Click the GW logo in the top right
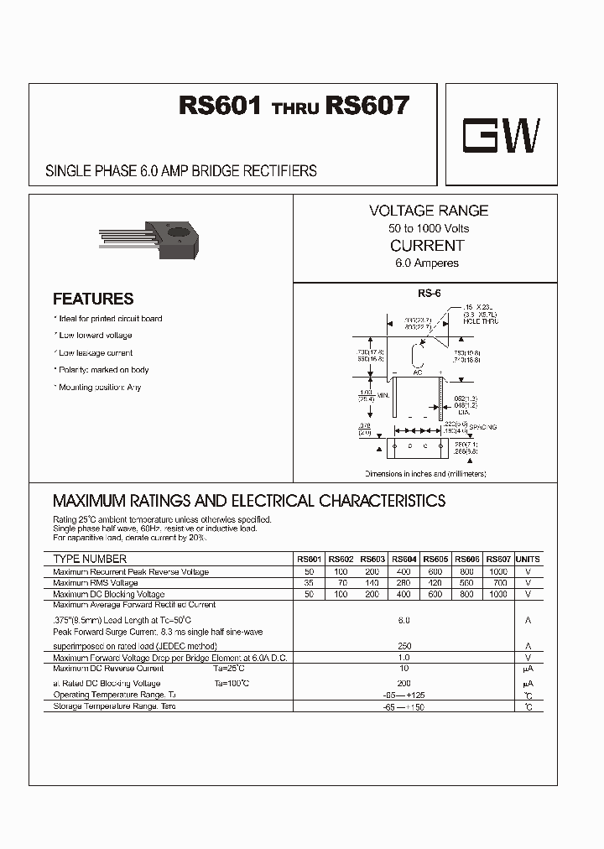502,134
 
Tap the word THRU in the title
296,109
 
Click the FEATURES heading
93,299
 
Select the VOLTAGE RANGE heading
428,211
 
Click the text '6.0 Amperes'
427,263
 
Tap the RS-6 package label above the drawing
429,293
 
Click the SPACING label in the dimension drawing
483,427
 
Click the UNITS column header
528,559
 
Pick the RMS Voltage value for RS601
308,582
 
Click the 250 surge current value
404,645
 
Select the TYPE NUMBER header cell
90,559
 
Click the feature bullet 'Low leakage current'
96,353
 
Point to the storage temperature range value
404,708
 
